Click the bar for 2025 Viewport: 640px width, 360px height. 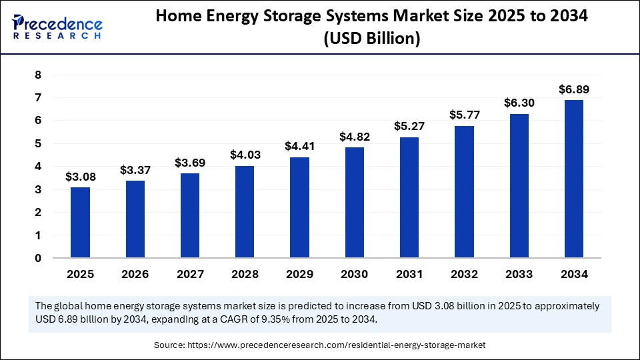[80, 222]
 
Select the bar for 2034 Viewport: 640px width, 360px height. [573, 179]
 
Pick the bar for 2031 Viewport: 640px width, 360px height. [409, 197]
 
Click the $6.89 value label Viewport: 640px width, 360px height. [573, 89]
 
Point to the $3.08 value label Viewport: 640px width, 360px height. [80, 177]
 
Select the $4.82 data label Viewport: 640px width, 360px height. [354, 137]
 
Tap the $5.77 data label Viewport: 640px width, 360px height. [464, 115]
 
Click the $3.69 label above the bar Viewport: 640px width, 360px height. [190, 163]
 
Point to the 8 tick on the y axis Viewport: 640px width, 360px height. [38, 75]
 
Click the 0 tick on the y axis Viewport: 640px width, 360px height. [38, 258]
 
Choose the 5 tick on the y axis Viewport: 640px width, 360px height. [38, 143]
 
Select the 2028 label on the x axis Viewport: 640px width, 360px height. [245, 274]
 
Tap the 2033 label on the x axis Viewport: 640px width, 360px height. [519, 274]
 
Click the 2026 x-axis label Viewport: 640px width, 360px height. [135, 274]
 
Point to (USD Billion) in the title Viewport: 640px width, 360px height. [371, 39]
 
